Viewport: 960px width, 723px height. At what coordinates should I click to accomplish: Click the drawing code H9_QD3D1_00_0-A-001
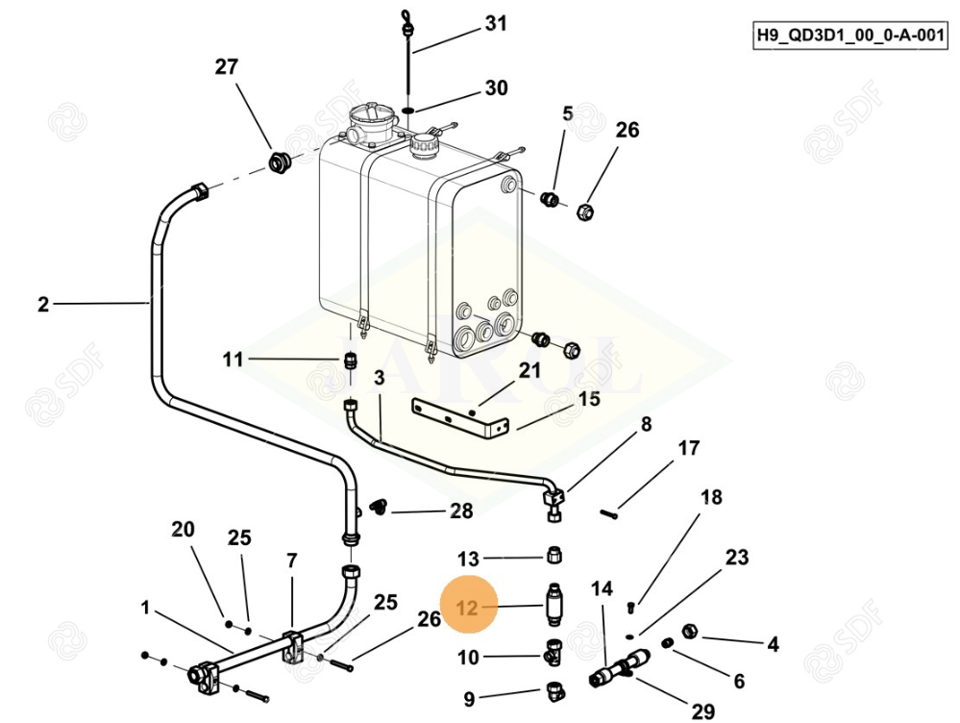[850, 37]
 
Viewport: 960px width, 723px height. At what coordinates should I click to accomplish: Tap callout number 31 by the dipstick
[495, 24]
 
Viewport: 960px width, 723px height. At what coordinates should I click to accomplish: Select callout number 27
[226, 67]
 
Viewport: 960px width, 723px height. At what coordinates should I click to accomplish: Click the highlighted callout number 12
[467, 608]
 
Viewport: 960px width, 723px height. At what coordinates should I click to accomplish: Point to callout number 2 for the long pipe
[43, 305]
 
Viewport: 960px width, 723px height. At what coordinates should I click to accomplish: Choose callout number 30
[496, 88]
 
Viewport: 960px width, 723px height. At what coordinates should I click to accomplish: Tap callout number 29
[703, 711]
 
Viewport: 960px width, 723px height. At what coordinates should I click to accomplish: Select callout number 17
[689, 448]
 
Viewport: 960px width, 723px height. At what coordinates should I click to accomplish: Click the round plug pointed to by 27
[281, 162]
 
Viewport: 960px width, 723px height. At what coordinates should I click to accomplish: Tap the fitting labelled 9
[555, 690]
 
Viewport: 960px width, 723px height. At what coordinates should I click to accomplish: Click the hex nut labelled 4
[689, 632]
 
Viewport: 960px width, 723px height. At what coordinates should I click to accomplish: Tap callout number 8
[646, 424]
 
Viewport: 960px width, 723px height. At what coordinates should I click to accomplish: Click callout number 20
[183, 530]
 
